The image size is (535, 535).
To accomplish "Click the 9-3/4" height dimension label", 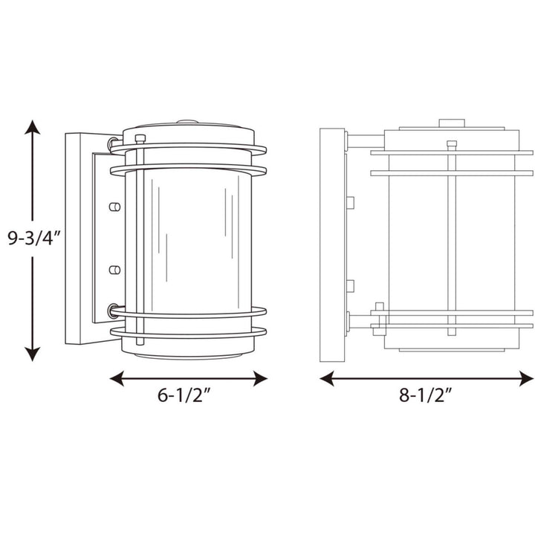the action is click(33, 238).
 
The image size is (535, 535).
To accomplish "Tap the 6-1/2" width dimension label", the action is click(184, 395).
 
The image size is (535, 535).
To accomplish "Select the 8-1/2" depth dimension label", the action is click(426, 395).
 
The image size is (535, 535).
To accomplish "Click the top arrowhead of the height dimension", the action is click(33, 127).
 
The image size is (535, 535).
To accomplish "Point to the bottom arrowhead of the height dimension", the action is click(33, 354).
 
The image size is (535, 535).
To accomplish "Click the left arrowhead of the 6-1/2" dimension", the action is click(117, 378).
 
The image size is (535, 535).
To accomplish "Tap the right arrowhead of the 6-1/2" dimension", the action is click(260, 378).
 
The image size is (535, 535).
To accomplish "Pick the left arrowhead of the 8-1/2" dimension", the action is click(326, 378).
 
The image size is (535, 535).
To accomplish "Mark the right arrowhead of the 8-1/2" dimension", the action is click(526, 378).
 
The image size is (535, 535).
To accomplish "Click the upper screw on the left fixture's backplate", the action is click(114, 207).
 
